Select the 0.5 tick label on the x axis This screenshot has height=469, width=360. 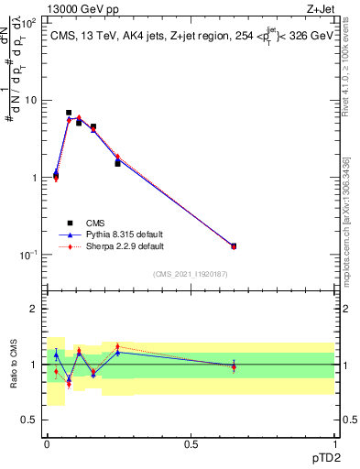pos(191,444)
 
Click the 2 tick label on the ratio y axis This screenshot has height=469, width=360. pos(34,310)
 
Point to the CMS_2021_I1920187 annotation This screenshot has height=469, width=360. pos(191,273)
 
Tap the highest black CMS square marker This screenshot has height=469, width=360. pos(69,113)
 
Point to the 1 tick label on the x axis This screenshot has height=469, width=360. pos(334,444)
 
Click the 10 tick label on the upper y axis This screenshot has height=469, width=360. pos(31,101)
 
